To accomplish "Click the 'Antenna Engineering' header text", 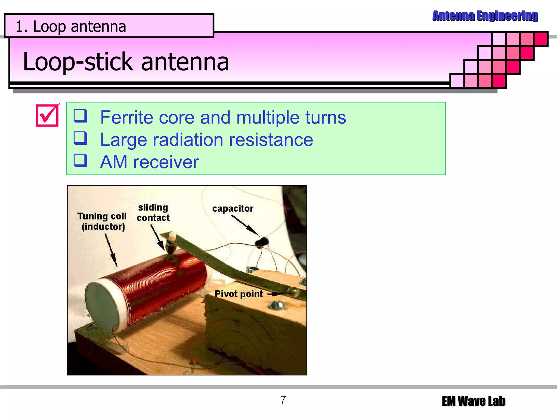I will (485, 16).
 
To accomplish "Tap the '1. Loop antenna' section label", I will (71, 27).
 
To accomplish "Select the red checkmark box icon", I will (47, 115).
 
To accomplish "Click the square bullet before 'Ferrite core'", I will (81, 116).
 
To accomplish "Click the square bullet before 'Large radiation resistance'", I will (81, 138).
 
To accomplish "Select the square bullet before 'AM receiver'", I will (81, 161).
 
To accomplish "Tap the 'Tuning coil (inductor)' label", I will (102, 221).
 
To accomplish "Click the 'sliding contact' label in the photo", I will (153, 213).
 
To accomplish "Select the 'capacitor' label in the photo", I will (233, 209).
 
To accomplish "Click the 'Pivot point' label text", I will (239, 294).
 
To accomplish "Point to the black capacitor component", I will (262, 242).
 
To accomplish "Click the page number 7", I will (283, 400).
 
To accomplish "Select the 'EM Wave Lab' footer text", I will (473, 401).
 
